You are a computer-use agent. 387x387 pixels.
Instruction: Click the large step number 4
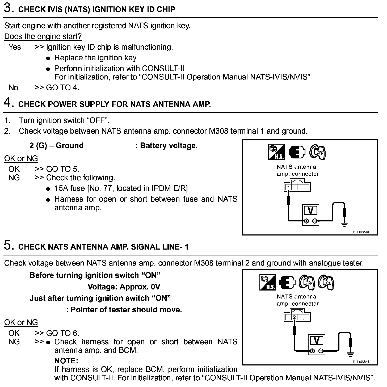(x=8, y=103)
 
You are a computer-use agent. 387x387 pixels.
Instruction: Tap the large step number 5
(x=8, y=245)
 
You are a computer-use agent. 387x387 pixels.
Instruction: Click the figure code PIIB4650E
(x=361, y=232)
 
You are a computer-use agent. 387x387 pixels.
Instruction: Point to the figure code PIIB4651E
(x=361, y=362)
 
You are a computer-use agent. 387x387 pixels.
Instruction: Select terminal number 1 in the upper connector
(x=288, y=188)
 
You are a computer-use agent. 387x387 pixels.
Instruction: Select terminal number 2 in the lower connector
(x=295, y=317)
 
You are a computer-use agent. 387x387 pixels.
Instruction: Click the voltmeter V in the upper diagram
(x=310, y=211)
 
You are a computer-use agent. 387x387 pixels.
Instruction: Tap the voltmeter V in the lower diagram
(x=316, y=340)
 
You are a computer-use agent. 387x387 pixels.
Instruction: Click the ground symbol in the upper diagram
(x=344, y=225)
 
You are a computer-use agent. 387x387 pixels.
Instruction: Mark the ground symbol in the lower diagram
(x=351, y=354)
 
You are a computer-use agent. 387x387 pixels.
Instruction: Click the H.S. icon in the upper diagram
(x=276, y=152)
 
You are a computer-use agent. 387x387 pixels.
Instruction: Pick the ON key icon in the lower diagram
(x=326, y=283)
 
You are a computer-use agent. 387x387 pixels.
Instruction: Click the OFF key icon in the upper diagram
(x=318, y=152)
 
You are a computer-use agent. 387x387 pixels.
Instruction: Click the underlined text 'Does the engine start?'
(x=43, y=36)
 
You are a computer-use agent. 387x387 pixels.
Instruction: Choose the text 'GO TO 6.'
(x=62, y=333)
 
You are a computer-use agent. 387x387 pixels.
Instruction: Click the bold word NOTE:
(x=66, y=361)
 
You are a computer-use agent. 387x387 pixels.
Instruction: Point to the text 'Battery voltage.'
(x=169, y=146)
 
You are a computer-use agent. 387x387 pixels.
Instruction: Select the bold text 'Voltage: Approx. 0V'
(x=124, y=287)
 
